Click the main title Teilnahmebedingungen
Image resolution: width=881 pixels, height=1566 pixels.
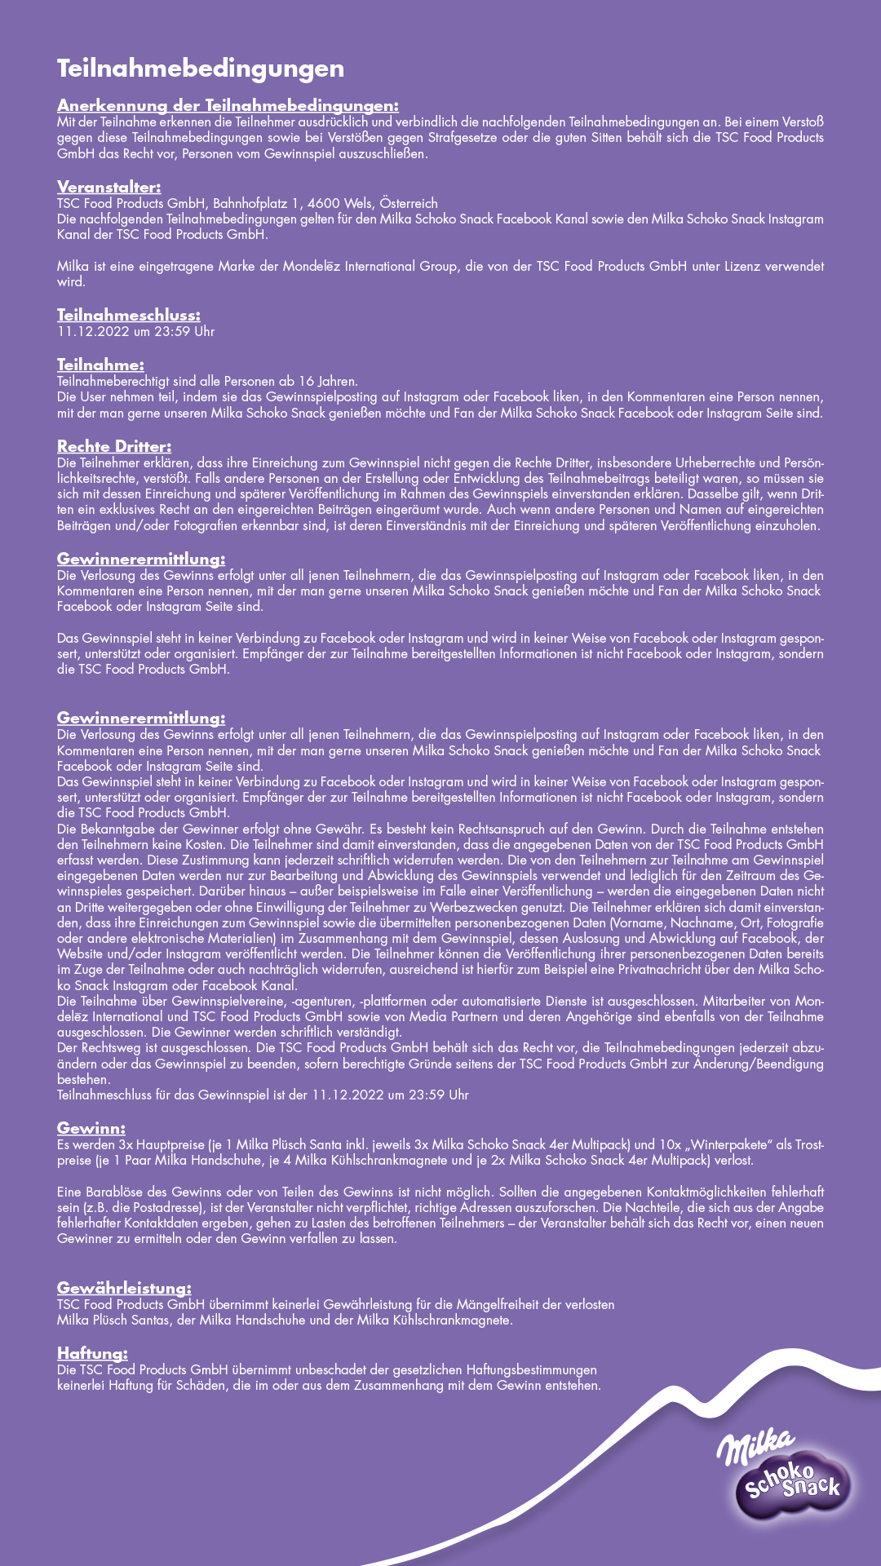point(201,69)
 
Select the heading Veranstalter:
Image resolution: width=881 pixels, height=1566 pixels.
point(108,188)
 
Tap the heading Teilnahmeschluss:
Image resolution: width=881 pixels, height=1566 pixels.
point(128,316)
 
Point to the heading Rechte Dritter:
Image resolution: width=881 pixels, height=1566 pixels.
point(114,447)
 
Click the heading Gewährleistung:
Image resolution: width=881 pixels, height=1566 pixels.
point(124,1289)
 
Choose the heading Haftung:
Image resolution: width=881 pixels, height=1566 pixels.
point(92,1354)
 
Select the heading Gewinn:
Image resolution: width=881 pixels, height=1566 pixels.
point(91,1129)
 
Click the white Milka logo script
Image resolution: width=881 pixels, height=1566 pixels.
point(755,1446)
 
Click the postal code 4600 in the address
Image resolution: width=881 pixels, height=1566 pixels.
point(323,204)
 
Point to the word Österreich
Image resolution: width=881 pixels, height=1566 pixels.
point(409,204)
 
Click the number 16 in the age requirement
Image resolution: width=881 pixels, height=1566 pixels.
point(306,382)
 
